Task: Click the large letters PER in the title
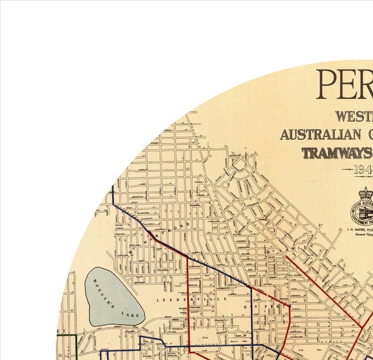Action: pos(344,85)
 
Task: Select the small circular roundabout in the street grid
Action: pos(226,185)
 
